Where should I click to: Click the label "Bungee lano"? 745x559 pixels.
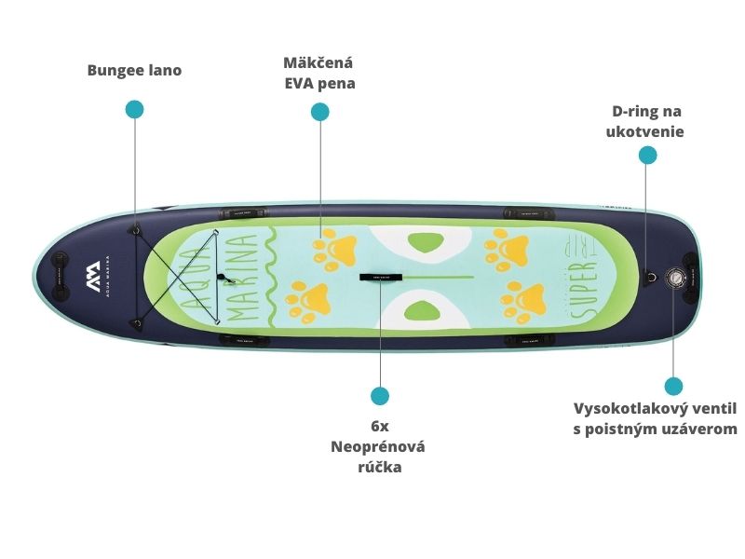click(x=134, y=70)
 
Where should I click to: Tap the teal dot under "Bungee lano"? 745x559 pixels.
click(x=135, y=109)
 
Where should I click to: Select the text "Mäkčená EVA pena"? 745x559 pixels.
click(x=319, y=73)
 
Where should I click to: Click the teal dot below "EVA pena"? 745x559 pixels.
click(x=320, y=112)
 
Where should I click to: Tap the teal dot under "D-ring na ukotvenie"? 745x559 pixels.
click(x=647, y=156)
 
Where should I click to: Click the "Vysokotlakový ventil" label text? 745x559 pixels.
click(x=655, y=408)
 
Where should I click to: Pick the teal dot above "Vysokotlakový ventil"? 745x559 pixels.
click(x=673, y=386)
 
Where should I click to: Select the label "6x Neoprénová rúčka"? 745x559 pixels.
click(x=379, y=446)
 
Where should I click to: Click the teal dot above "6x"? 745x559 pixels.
click(x=379, y=396)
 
